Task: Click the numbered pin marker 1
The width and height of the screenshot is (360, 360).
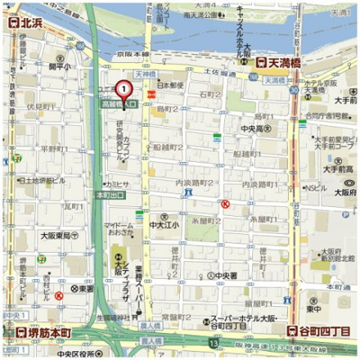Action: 124,90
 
